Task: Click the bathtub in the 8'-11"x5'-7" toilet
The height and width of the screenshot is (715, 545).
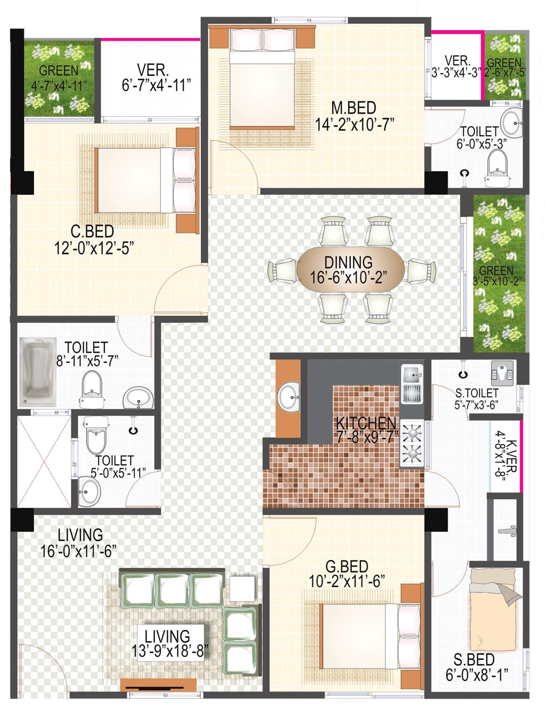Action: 37,372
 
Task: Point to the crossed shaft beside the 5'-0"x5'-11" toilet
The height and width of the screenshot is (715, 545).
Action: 44,461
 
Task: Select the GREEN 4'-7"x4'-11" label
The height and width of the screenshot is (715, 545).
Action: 59,78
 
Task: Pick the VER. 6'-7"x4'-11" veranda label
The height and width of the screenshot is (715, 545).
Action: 156,78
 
